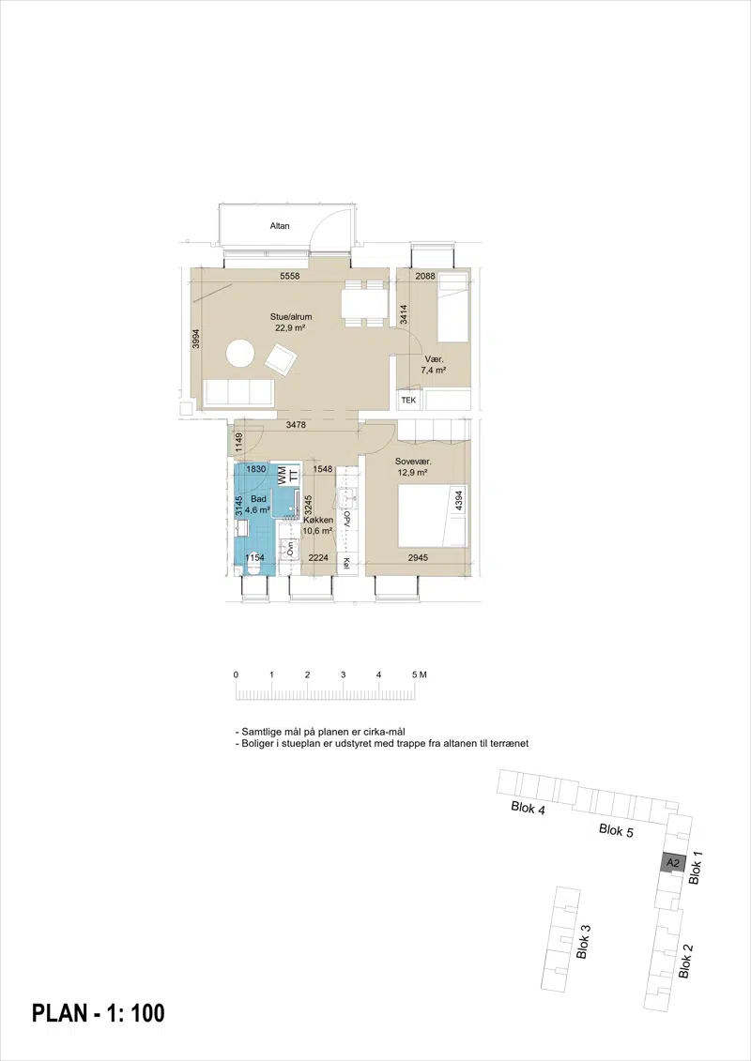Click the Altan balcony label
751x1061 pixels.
[x=280, y=225]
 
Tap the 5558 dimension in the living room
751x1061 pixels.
[x=289, y=276]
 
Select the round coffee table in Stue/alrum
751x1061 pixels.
[x=240, y=354]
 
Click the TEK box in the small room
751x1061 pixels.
[x=408, y=401]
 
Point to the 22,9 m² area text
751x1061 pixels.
[x=290, y=327]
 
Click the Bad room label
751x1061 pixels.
[x=258, y=499]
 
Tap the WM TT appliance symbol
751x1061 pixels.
[x=288, y=475]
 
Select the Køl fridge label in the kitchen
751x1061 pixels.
[x=346, y=563]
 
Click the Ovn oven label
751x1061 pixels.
[x=291, y=548]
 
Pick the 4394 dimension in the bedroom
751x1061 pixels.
[x=458, y=501]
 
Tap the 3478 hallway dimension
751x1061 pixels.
[x=296, y=426]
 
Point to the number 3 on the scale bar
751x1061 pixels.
[x=344, y=674]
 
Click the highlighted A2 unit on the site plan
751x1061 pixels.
[x=673, y=863]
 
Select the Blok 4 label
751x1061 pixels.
[x=529, y=808]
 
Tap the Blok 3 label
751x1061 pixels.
[x=583, y=941]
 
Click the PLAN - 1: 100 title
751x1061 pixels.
[x=99, y=1013]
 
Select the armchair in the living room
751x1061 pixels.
[x=280, y=359]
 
